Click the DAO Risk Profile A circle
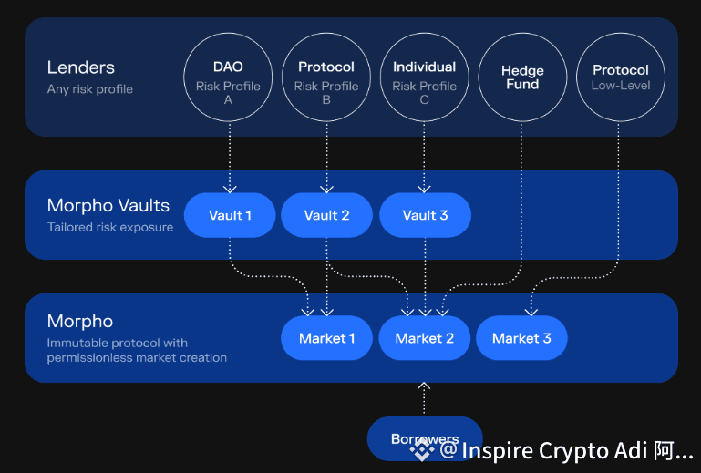pos(229,77)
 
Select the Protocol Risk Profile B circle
pos(326,77)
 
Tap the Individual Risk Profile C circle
pos(424,77)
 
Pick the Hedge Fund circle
pos(522,77)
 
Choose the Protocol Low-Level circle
pos(621,77)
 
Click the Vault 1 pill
pos(230,216)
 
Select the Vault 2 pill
pos(326,216)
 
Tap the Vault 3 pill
pos(425,216)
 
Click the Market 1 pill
pos(327,338)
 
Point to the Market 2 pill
pos(424,338)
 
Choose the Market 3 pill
pos(521,338)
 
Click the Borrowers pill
pos(424,439)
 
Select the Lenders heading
pos(81,67)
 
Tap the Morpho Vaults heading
pos(108,206)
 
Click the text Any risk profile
pos(90,89)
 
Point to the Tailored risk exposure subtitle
pos(110,227)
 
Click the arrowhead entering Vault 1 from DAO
pos(230,189)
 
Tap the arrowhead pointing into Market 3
pos(531,312)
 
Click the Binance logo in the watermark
pos(420,449)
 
